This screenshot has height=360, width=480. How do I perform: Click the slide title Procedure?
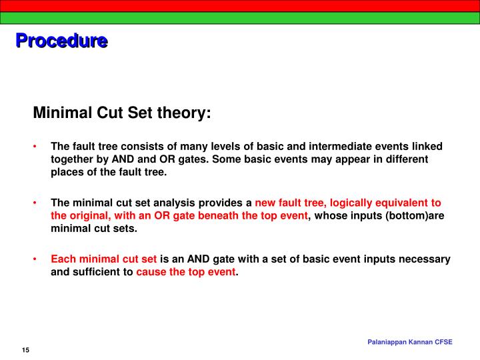(61, 41)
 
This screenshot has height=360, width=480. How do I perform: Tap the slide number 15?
(25, 351)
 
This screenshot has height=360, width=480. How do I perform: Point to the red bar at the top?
(240, 5)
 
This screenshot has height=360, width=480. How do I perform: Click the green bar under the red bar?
(240, 18)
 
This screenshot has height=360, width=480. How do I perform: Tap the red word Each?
(64, 259)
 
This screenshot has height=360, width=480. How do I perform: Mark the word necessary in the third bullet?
(425, 259)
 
